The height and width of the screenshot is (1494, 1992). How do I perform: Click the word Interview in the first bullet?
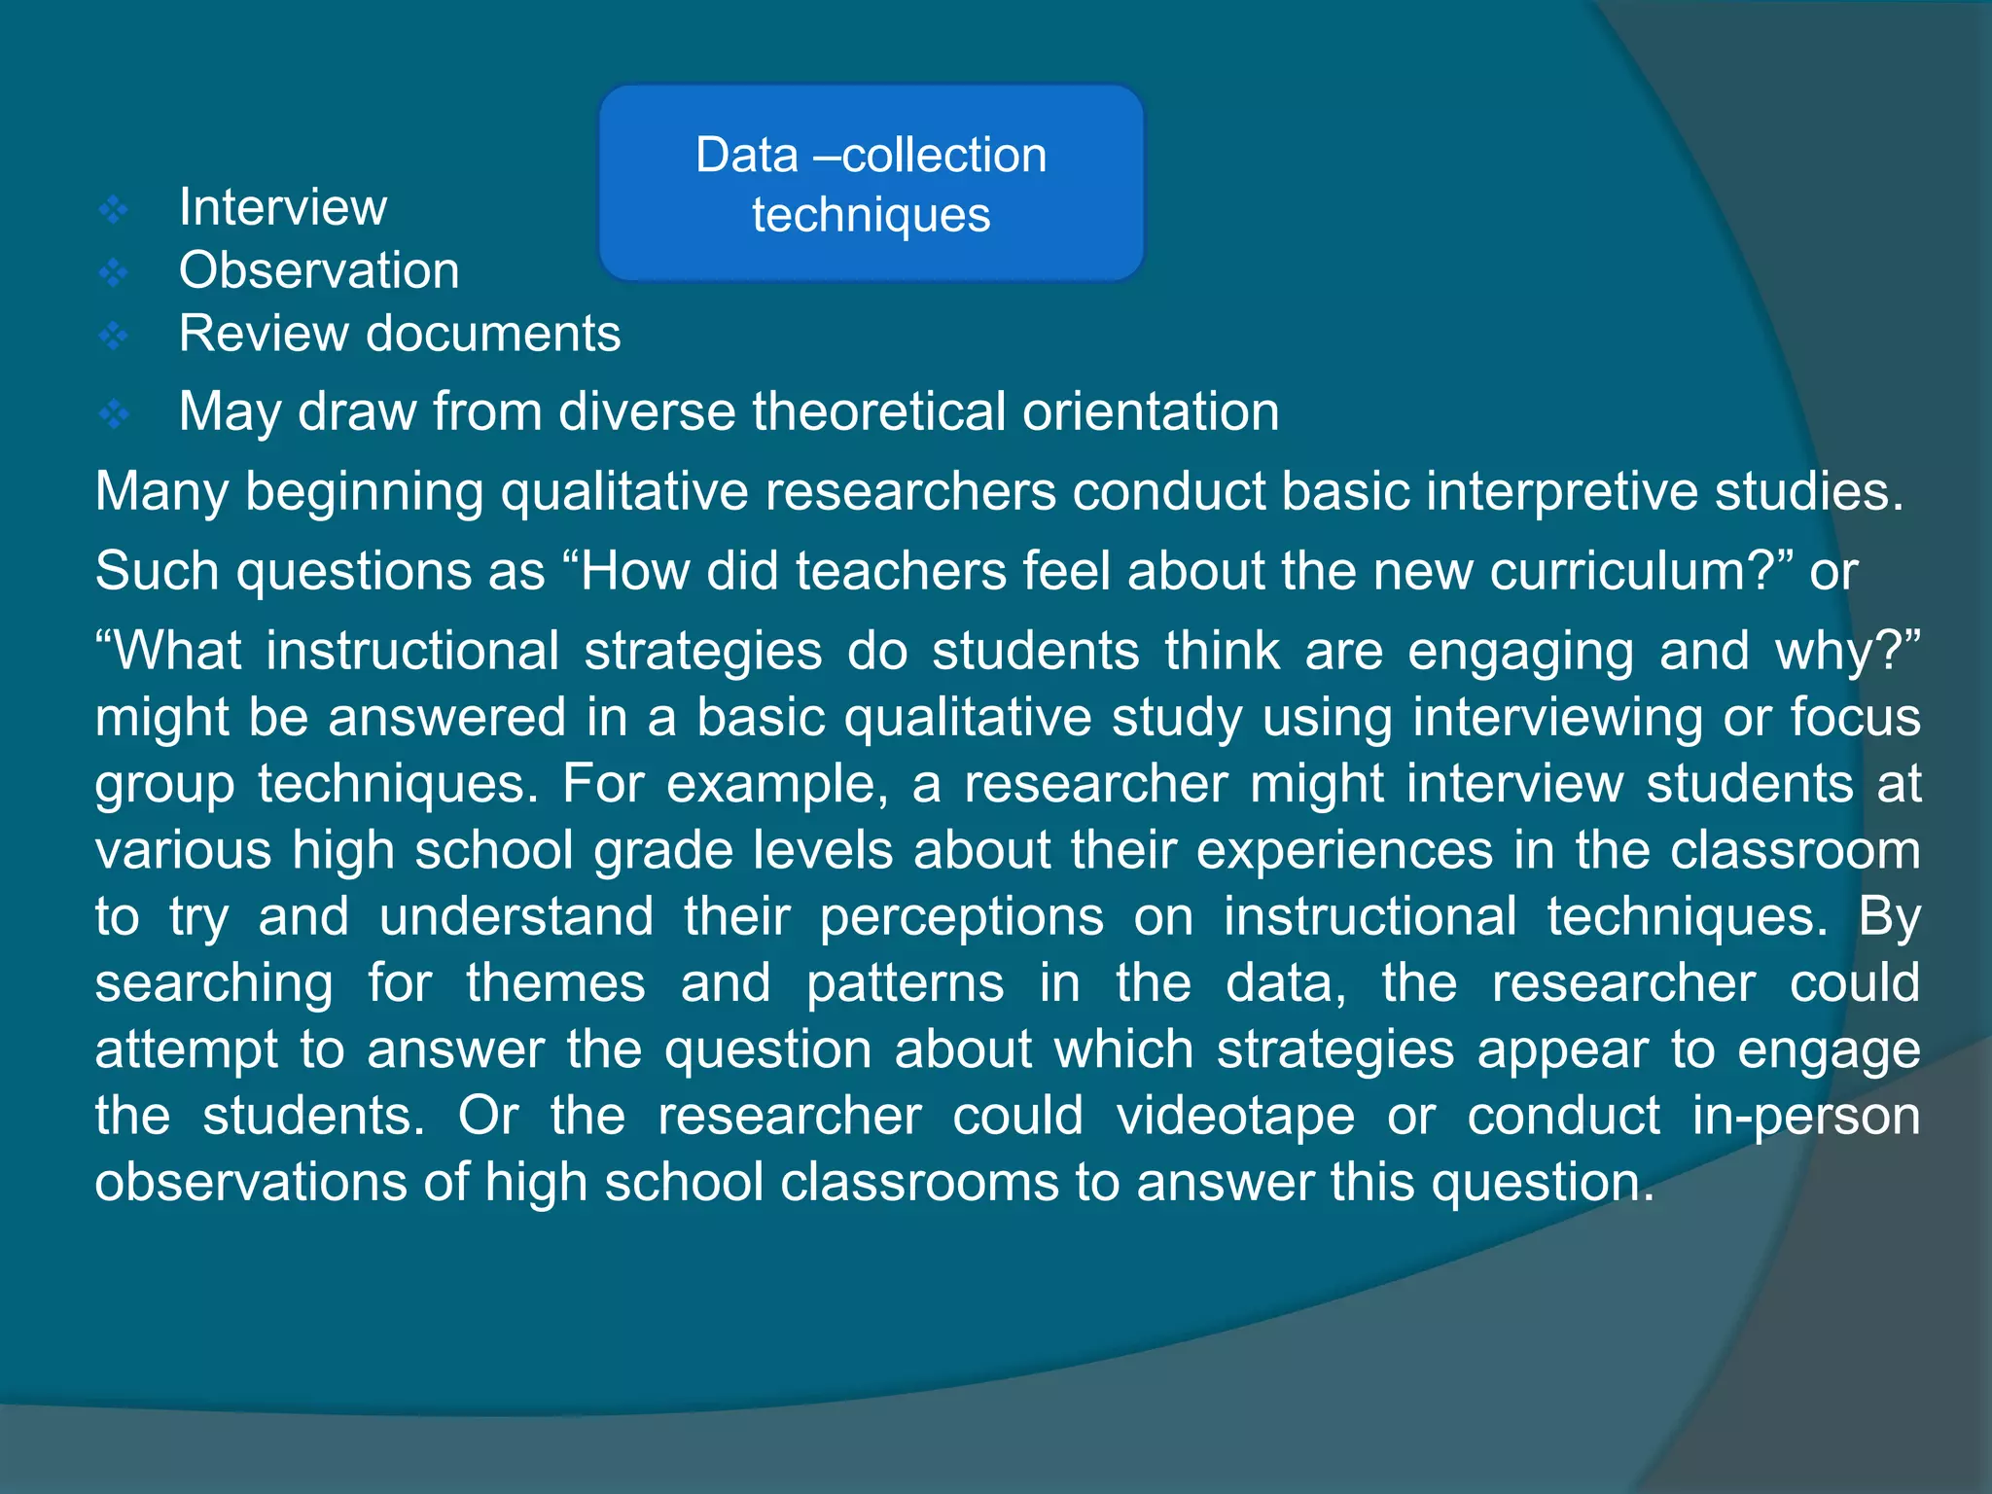(282, 207)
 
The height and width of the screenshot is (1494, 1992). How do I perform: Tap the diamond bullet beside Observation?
(115, 272)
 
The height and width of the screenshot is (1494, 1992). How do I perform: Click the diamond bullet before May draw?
(115, 414)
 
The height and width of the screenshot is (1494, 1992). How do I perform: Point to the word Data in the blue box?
(746, 156)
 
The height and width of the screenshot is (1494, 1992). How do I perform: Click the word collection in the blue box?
(943, 156)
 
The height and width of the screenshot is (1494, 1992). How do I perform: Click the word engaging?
(1520, 652)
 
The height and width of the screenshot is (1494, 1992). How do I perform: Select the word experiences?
(1343, 850)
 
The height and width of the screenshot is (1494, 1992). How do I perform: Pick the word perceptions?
(961, 917)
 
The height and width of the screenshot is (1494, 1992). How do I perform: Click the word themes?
(555, 983)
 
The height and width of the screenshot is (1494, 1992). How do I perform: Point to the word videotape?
(1235, 1116)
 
